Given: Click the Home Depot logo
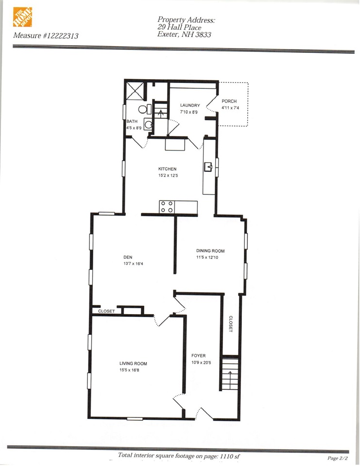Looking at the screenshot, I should point(22,18).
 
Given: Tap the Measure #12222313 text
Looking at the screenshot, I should point(46,35).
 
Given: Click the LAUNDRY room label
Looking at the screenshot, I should point(189,105).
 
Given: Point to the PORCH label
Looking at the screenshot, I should point(229,101).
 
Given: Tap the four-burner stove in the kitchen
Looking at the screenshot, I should point(168,207).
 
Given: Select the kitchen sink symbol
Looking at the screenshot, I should point(209,168).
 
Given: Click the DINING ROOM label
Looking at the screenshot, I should point(210,251).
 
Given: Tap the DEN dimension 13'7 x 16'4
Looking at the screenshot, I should point(133,264).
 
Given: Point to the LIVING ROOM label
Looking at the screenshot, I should point(133,364).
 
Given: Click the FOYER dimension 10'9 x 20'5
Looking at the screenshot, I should point(202,363).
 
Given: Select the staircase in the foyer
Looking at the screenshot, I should point(230,373).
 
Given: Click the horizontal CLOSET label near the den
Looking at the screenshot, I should point(106,311).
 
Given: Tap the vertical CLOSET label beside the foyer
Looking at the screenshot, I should point(231,324).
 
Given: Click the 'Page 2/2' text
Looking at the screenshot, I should point(339,458).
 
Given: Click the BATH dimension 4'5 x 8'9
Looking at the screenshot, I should point(135,128).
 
